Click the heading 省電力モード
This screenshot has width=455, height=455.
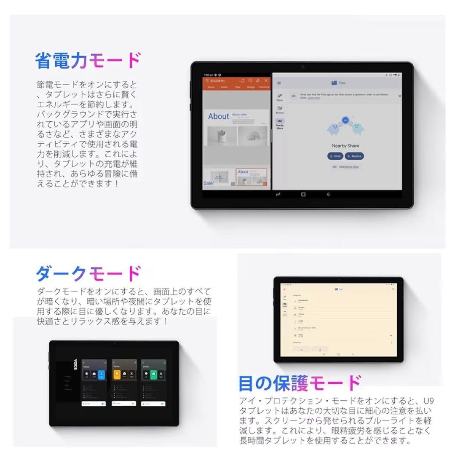point(88,61)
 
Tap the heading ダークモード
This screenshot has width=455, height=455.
point(88,274)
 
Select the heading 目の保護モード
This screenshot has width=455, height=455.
point(300,383)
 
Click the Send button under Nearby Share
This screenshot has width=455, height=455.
point(335,156)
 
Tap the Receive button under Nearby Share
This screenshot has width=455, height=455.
point(354,156)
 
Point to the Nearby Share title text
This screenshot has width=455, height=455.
point(345,146)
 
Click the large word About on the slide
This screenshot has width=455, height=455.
point(218,116)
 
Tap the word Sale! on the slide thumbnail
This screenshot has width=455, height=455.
point(209,183)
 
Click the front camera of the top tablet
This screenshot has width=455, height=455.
point(302,67)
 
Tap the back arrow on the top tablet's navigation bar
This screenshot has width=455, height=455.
point(328,195)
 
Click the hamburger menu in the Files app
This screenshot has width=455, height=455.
point(279,83)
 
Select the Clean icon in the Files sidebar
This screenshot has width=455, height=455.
point(280,97)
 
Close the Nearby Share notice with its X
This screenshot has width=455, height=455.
point(400,96)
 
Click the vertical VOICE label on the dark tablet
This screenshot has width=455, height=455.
point(75,364)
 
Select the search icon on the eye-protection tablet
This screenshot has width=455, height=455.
point(393,289)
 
